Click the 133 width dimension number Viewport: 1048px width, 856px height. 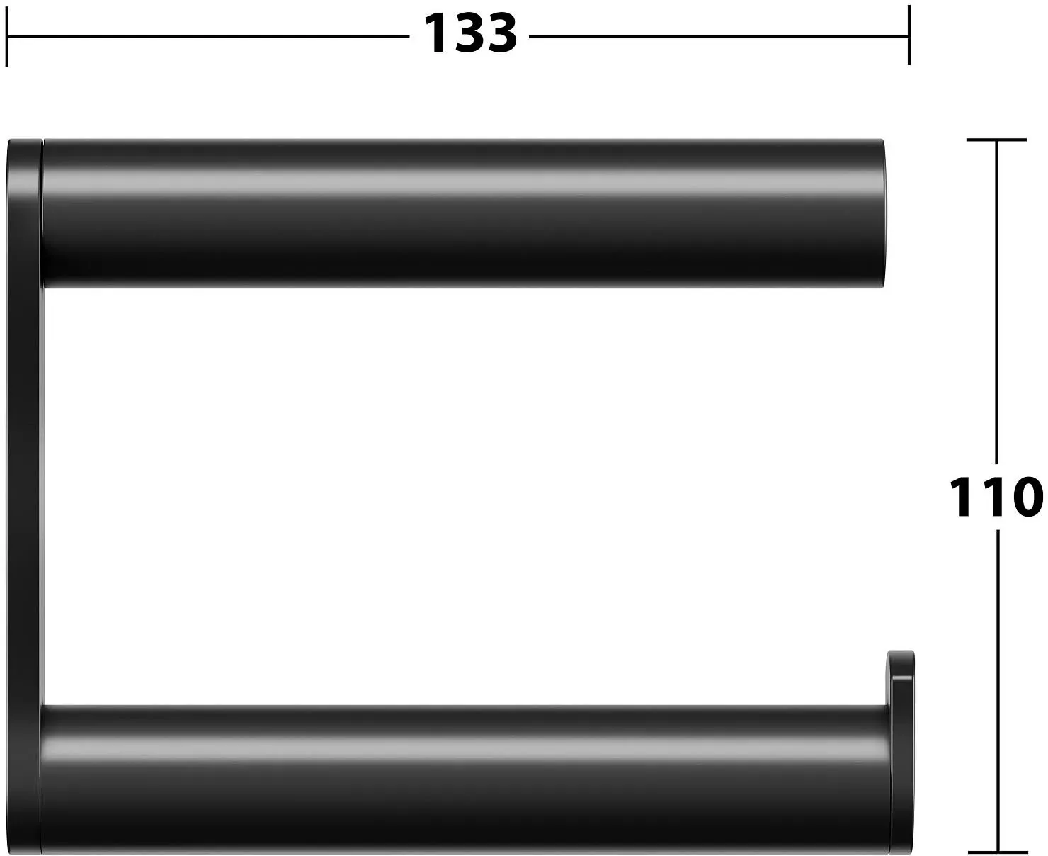(470, 34)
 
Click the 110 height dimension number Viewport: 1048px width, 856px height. (996, 497)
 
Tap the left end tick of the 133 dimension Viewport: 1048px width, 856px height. (6, 36)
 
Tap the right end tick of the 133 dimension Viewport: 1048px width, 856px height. (909, 35)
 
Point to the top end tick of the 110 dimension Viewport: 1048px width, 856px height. (996, 140)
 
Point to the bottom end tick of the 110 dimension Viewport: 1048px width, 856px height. (998, 852)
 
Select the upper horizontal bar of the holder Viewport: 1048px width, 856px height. (463, 213)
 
